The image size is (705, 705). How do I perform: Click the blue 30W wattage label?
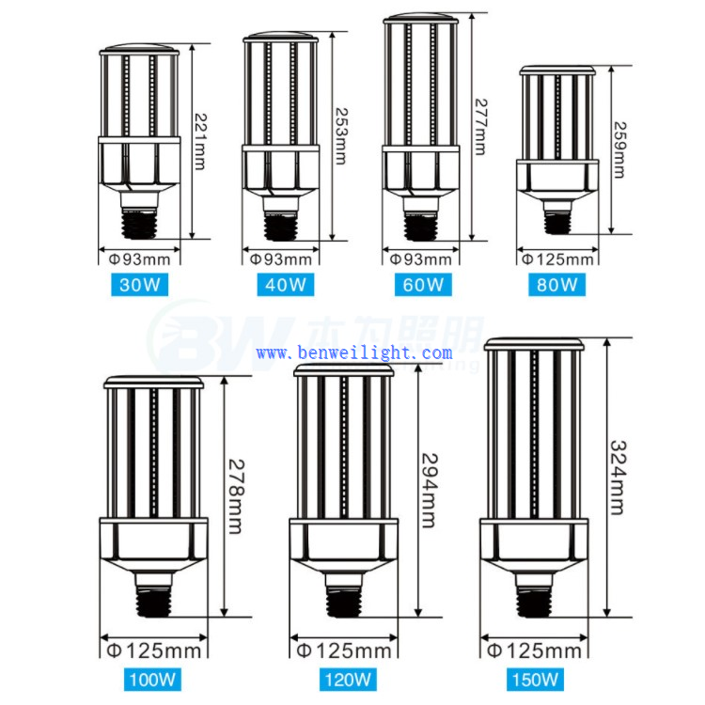pyautogui.click(x=138, y=283)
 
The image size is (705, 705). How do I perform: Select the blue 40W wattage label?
pyautogui.click(x=282, y=283)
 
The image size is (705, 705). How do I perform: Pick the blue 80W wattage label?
pyautogui.click(x=557, y=283)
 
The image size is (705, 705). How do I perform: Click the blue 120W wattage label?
pyautogui.click(x=344, y=677)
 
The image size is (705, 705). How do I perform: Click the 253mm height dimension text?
pyautogui.click(x=340, y=133)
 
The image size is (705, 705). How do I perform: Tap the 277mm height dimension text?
pyautogui.click(x=480, y=127)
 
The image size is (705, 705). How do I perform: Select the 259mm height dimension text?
pyautogui.click(x=620, y=149)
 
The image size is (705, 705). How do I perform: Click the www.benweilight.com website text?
pyautogui.click(x=354, y=353)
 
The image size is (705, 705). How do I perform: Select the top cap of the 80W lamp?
pyautogui.click(x=556, y=71)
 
